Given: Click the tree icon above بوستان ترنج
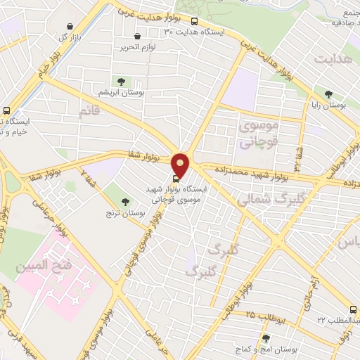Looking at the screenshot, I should [124, 202].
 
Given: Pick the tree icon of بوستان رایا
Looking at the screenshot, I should [328, 94].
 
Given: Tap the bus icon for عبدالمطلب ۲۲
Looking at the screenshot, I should [354, 309].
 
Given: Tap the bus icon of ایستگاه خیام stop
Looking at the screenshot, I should [6, 110].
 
